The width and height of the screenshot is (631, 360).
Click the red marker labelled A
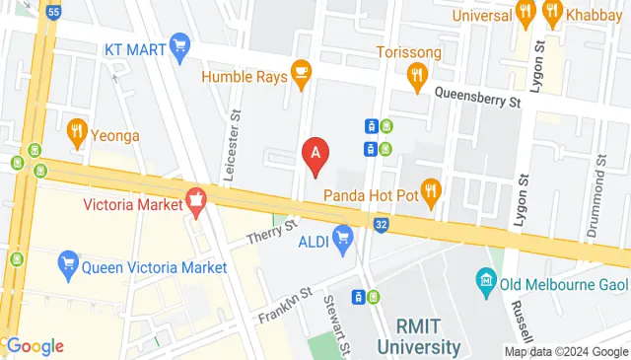(315, 155)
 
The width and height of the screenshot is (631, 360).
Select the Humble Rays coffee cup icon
(302, 73)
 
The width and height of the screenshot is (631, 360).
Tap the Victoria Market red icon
(196, 202)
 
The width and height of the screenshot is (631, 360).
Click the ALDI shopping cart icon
(343, 237)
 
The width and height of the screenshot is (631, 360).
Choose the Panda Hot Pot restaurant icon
(430, 188)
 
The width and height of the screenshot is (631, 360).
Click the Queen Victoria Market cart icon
(68, 263)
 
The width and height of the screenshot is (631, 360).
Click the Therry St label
(272, 233)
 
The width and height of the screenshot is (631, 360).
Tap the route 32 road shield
(382, 225)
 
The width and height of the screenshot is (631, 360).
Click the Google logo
(34, 345)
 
